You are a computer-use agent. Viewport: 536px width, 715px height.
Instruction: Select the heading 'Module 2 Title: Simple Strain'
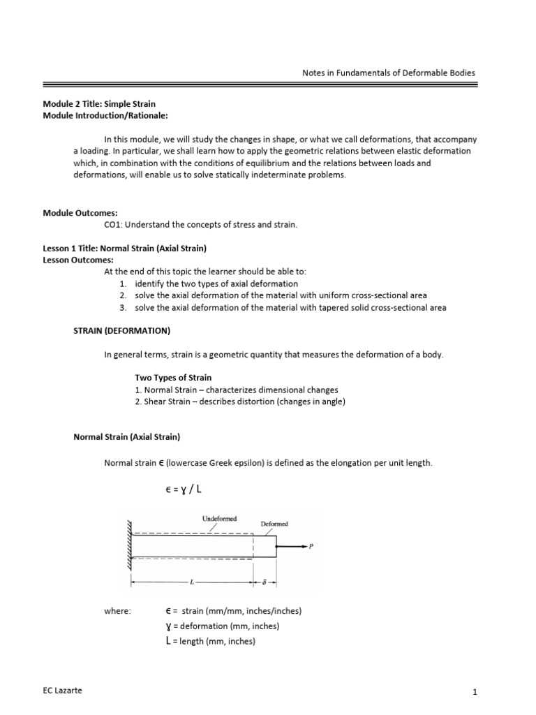click(x=99, y=104)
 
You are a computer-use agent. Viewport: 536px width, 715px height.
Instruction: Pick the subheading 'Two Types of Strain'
click(x=173, y=378)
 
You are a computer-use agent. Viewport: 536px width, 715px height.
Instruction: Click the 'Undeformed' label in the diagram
click(x=219, y=519)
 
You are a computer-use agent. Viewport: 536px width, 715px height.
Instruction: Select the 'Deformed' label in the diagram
click(x=274, y=523)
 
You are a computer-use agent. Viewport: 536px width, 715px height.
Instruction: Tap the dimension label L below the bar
click(x=190, y=581)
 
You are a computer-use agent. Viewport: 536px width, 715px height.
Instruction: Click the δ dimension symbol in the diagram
click(x=266, y=581)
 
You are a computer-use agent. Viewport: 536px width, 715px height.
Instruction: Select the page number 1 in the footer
click(x=474, y=692)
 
